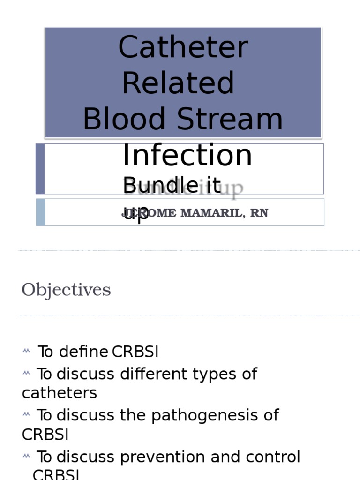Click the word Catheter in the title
click(183, 48)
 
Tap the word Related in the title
click(178, 83)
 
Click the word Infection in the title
click(187, 155)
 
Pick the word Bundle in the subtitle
click(154, 186)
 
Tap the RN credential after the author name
click(259, 213)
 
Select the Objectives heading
click(66, 290)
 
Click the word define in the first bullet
click(84, 352)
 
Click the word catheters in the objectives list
click(60, 393)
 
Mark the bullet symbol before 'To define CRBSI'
click(26, 351)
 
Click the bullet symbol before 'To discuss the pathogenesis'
click(26, 415)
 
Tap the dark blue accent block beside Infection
click(40, 169)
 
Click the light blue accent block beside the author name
click(40, 212)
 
